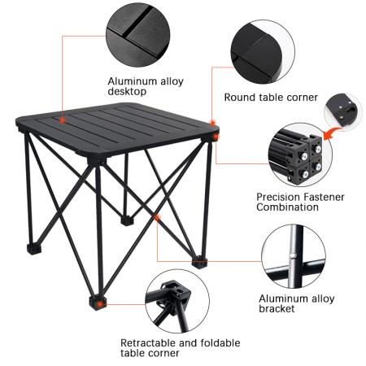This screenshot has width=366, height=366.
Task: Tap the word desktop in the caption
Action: pyautogui.click(x=127, y=92)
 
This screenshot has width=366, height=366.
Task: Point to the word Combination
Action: pyautogui.click(x=289, y=207)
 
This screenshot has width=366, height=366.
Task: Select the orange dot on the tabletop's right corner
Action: pyautogui.click(x=214, y=124)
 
